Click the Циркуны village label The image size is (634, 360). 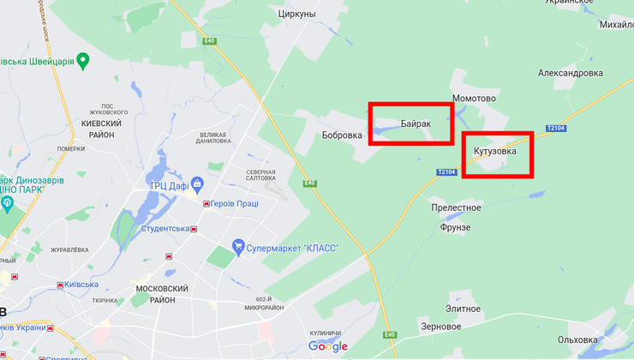pyautogui.click(x=297, y=15)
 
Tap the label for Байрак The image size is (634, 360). pyautogui.click(x=416, y=123)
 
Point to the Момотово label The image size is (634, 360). pyautogui.click(x=474, y=99)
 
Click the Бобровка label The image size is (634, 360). pyautogui.click(x=342, y=135)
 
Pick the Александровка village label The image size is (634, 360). pyautogui.click(x=571, y=73)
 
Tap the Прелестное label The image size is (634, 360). pyautogui.click(x=456, y=207)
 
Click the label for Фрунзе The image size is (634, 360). pyautogui.click(x=455, y=227)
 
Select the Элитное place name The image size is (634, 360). pyautogui.click(x=464, y=308)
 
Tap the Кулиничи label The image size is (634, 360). pyautogui.click(x=325, y=333)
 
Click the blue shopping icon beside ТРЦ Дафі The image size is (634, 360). pyautogui.click(x=198, y=183)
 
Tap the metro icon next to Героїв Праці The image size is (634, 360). pyautogui.click(x=206, y=203)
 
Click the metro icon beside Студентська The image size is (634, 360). pyautogui.click(x=194, y=229)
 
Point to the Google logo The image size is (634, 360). pyautogui.click(x=328, y=346)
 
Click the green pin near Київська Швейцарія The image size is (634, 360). pyautogui.click(x=82, y=60)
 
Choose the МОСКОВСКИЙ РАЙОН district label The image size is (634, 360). pyautogui.click(x=156, y=294)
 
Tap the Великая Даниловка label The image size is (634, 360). pyautogui.click(x=212, y=138)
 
